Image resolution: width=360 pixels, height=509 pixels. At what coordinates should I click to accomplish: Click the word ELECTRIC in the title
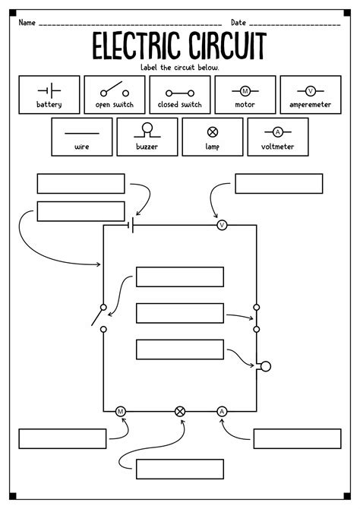click(136, 46)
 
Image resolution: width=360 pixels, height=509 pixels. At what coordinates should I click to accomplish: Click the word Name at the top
click(27, 22)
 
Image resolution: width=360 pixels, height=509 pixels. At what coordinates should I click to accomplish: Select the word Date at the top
click(238, 22)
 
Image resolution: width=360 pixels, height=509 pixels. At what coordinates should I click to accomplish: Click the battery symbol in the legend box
click(49, 90)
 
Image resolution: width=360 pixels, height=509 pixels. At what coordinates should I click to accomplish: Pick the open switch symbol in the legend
click(115, 89)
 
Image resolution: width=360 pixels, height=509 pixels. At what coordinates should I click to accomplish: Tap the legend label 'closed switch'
click(179, 105)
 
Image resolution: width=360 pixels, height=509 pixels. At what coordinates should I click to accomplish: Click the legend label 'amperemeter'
click(311, 105)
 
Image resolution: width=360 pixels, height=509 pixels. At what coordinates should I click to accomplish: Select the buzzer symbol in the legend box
click(147, 130)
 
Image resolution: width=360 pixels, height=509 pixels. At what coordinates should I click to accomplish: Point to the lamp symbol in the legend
click(213, 131)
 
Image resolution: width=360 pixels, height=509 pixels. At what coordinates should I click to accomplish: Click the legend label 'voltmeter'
click(277, 147)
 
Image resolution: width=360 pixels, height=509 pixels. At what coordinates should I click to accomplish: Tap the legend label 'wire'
click(82, 147)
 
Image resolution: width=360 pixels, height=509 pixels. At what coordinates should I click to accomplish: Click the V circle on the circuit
click(222, 225)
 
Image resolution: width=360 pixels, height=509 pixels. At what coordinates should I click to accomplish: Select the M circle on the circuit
click(121, 412)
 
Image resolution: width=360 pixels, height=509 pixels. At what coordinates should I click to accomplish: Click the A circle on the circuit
click(222, 412)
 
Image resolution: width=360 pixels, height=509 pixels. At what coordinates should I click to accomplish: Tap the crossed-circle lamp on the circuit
click(180, 412)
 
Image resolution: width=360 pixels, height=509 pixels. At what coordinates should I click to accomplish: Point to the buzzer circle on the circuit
click(266, 366)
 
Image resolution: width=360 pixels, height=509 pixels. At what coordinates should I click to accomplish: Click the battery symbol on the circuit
click(131, 225)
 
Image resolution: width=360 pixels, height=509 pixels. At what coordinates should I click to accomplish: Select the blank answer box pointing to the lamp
click(180, 469)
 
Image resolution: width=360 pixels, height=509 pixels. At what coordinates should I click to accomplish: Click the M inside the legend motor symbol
click(245, 91)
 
